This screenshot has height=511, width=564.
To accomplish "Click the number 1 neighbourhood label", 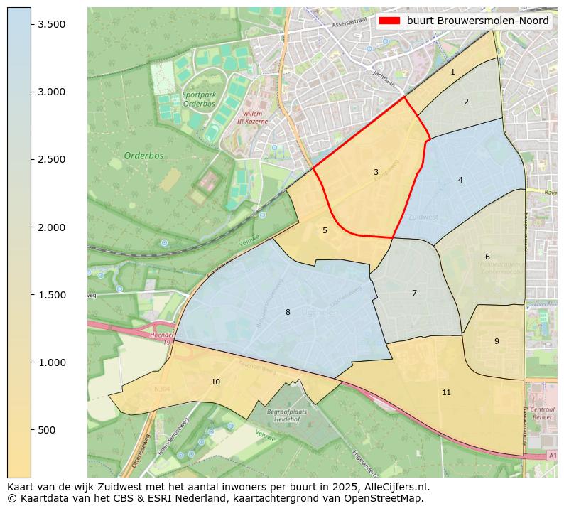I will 452,72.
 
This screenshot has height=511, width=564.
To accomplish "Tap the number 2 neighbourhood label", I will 466,102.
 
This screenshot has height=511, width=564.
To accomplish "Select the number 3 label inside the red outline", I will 376,172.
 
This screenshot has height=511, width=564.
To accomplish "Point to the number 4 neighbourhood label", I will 460,180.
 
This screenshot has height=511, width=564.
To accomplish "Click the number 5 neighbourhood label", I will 325,230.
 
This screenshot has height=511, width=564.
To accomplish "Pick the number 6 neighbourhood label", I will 487,257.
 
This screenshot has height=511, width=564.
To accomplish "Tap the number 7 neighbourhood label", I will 414,293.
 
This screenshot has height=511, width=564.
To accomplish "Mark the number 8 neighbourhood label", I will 288,312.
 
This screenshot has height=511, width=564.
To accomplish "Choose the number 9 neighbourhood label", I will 497,341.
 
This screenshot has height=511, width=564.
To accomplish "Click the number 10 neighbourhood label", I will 215,382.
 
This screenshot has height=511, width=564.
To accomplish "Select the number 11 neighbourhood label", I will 446,392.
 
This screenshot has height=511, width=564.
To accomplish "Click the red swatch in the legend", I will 390,21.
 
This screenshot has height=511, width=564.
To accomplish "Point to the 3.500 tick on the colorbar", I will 51,24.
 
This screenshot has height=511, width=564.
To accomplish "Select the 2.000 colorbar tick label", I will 51,227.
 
